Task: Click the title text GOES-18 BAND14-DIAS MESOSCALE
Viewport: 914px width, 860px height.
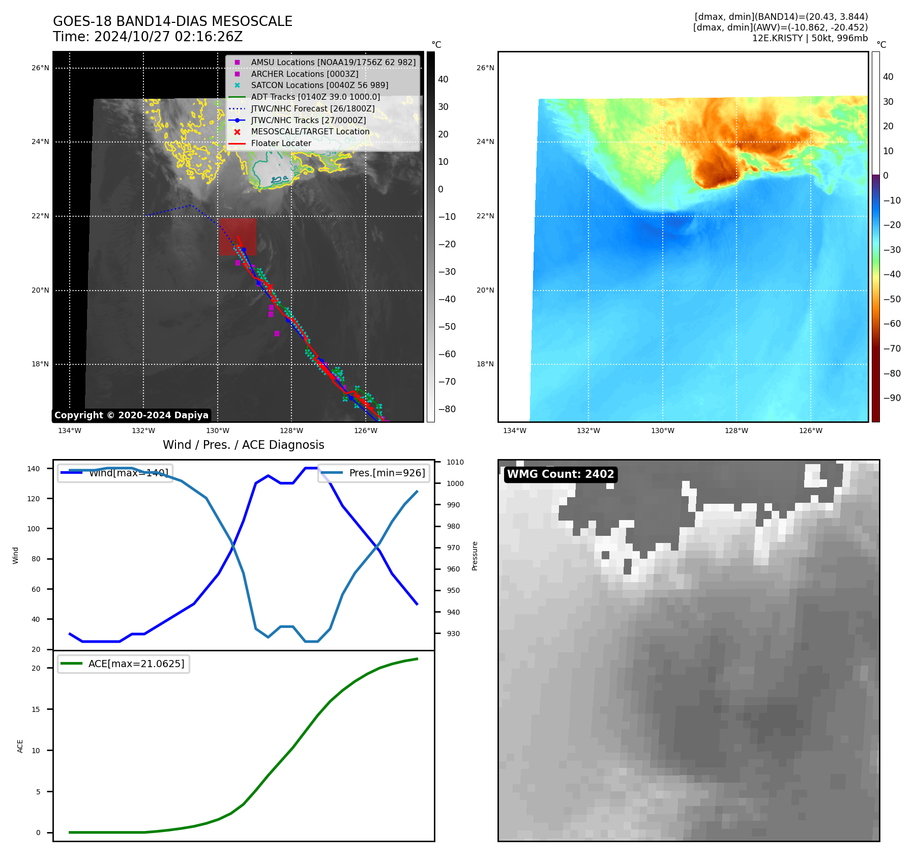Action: click(172, 21)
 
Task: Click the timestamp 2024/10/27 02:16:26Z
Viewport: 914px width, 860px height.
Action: click(168, 37)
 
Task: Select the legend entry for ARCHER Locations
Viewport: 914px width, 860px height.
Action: click(304, 74)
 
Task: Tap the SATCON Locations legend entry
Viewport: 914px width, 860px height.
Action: click(319, 85)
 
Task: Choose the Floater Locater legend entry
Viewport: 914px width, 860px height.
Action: click(281, 144)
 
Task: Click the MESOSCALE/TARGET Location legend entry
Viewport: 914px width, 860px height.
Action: click(310, 132)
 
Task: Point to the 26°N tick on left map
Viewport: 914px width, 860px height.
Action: click(40, 68)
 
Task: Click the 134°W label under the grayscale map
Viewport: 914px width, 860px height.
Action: click(70, 431)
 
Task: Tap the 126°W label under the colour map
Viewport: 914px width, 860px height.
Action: click(810, 431)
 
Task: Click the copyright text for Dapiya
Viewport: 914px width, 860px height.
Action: click(131, 415)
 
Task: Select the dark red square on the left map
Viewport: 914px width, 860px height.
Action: click(238, 237)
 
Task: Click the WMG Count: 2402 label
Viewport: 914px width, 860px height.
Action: click(561, 474)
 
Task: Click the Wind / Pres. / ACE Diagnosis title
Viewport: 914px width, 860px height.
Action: click(243, 445)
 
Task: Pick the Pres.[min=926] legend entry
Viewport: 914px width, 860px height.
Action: click(387, 473)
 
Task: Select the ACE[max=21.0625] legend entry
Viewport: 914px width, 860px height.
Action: click(136, 664)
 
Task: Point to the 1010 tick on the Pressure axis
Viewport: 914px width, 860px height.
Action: click(455, 462)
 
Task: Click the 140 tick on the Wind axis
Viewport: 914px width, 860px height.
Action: click(34, 469)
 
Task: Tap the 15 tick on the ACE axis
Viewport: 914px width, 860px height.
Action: click(36, 709)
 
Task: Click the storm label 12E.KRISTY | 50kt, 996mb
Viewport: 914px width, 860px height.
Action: click(810, 38)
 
